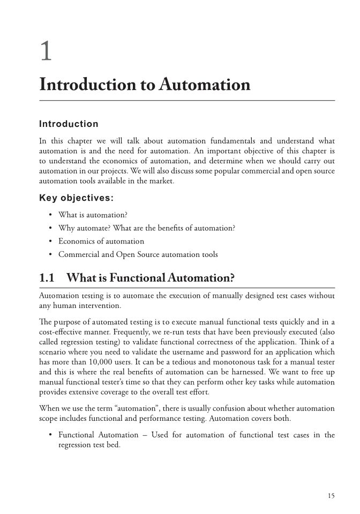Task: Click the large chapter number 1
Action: coord(47,52)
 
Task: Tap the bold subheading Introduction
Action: coord(69,124)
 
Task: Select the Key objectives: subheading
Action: coord(76,198)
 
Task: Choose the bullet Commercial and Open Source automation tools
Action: coord(138,254)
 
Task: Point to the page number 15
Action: coord(331,496)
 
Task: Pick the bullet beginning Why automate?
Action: coord(147,228)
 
